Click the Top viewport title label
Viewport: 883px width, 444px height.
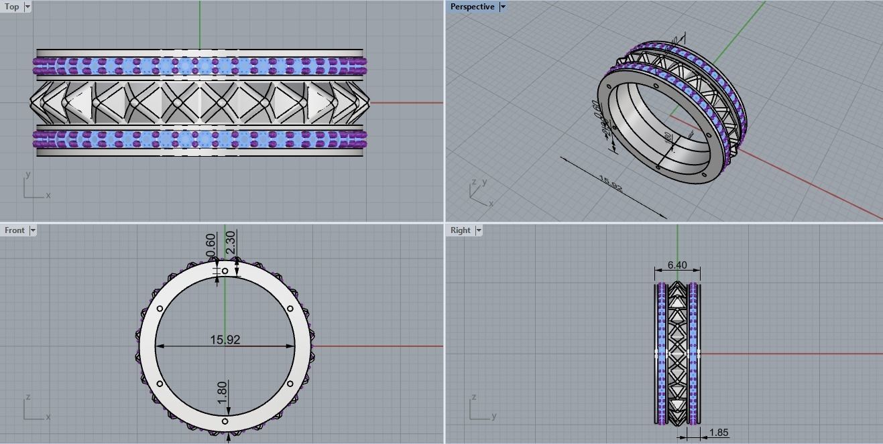(12, 7)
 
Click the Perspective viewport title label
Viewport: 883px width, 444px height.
(472, 7)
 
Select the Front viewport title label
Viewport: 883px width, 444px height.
(14, 230)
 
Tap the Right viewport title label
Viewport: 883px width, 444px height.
(460, 230)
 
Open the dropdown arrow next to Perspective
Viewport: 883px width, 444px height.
(503, 7)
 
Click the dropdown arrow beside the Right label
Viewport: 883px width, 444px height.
(479, 230)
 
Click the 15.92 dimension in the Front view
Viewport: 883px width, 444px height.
(225, 340)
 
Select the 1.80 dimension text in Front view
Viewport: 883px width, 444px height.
(222, 392)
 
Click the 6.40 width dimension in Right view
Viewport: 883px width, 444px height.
(677, 265)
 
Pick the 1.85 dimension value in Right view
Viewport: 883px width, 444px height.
(718, 433)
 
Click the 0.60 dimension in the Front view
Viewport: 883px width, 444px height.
(211, 245)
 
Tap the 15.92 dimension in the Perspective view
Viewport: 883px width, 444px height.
(610, 184)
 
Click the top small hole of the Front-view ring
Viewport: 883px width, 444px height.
(225, 271)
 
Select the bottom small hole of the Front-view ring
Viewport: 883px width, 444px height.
(225, 421)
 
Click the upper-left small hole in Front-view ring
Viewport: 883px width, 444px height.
(160, 309)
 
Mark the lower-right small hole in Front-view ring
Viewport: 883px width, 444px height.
(290, 384)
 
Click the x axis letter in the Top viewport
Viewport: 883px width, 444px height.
(48, 196)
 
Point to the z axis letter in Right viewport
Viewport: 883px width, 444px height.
(474, 398)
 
